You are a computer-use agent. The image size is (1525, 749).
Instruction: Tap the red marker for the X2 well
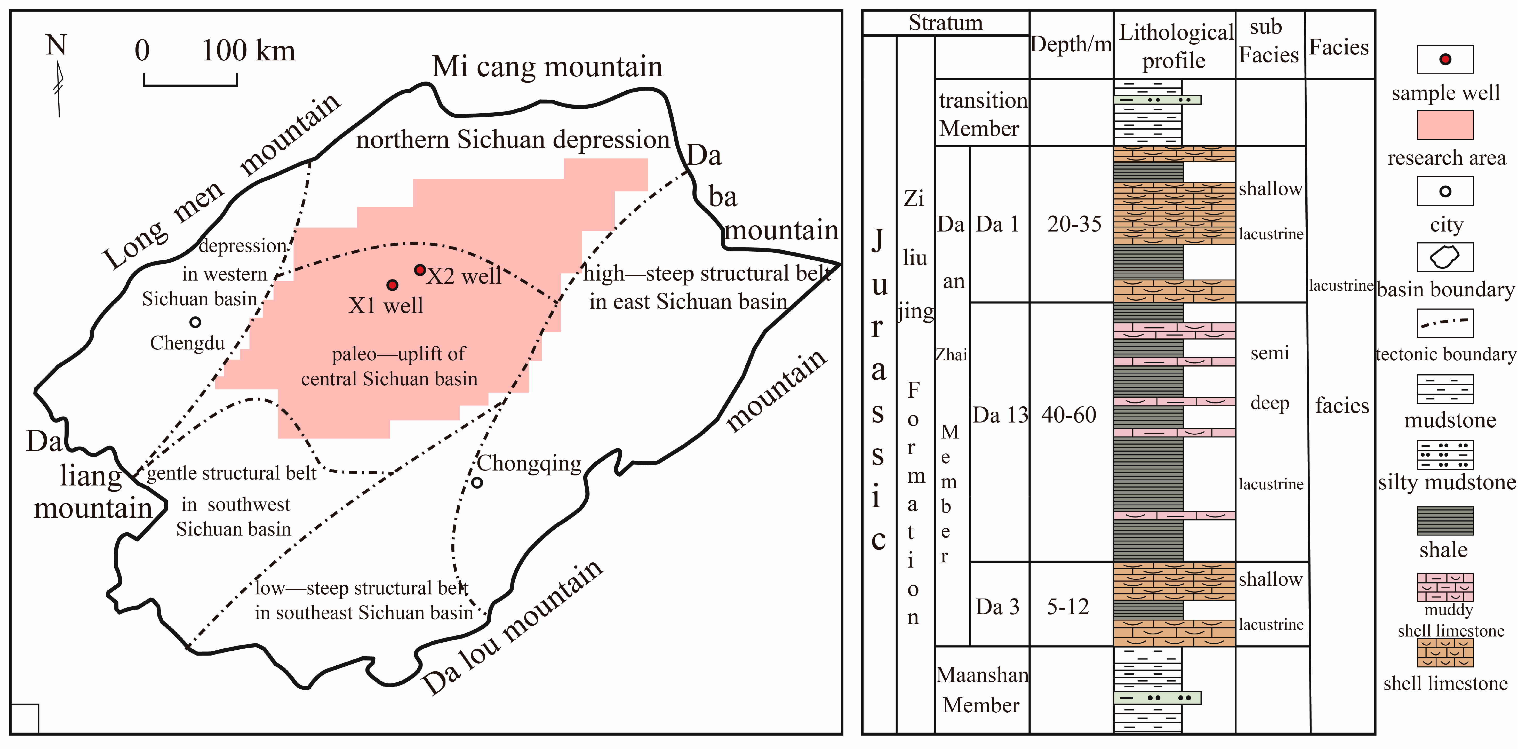[420, 270]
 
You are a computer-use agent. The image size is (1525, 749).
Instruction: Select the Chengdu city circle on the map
[195, 322]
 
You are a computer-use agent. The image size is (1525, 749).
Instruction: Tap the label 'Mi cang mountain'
[547, 66]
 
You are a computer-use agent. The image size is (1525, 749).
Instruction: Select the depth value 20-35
[1074, 224]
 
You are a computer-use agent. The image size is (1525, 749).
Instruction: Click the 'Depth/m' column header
[1071, 44]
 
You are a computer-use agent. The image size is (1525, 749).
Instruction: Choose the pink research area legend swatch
[1445, 125]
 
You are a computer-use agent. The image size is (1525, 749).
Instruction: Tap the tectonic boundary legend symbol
[1445, 323]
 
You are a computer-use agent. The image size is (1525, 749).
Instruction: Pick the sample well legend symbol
[1445, 59]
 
